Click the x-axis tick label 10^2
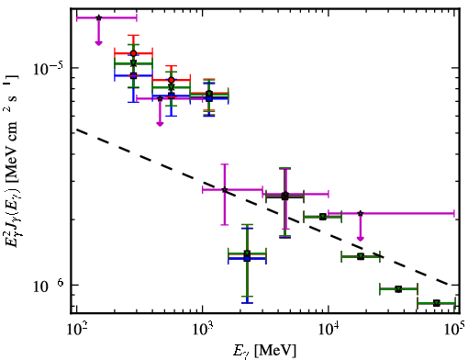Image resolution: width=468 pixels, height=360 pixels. tap(77, 329)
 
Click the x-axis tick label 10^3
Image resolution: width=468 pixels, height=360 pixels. tap(203, 329)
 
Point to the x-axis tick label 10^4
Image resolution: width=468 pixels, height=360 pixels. tap(329, 329)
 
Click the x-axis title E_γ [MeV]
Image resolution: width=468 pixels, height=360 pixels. tap(264, 350)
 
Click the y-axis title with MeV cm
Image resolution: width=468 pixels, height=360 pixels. tap(11, 159)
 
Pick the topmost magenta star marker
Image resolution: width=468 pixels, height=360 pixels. tap(98, 17)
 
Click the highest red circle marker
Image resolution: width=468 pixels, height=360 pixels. tap(133, 53)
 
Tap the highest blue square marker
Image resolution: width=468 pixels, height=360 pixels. tap(133, 75)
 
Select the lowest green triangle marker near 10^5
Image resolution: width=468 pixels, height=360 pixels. tap(437, 303)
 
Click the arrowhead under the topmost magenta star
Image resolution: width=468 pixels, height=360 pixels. tap(98, 42)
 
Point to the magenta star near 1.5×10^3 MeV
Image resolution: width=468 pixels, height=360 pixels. tap(225, 190)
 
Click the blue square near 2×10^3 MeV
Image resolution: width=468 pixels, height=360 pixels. tap(247, 259)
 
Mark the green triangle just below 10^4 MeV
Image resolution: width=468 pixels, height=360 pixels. tap(322, 217)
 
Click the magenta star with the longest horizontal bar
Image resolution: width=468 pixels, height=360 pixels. tap(361, 213)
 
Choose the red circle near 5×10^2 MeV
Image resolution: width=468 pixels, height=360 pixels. tap(172, 80)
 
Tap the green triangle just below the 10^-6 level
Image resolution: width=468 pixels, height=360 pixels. tap(398, 289)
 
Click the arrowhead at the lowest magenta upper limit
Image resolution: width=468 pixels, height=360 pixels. tap(361, 239)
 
